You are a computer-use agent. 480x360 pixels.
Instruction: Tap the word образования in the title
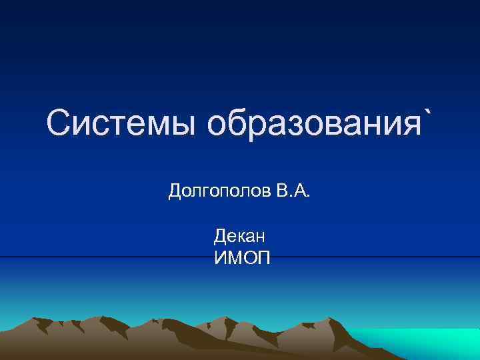click(x=311, y=125)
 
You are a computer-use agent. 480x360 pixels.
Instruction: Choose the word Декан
click(x=240, y=235)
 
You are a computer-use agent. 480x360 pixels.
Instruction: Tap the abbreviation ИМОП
click(x=242, y=257)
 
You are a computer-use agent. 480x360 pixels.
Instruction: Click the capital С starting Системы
click(x=60, y=124)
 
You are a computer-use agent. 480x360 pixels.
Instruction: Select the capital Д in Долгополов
click(x=175, y=193)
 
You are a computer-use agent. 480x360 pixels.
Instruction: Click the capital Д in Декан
click(x=220, y=236)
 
